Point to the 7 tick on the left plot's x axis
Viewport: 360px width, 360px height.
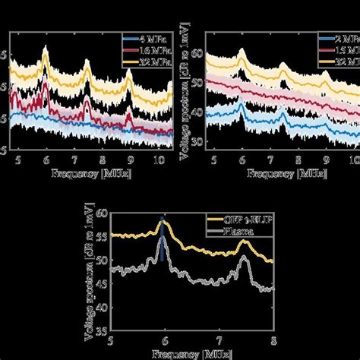pyautogui.click(x=74, y=162)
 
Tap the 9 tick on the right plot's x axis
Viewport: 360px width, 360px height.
pyautogui.click(x=326, y=162)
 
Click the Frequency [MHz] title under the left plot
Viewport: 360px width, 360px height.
pyautogui.click(x=87, y=174)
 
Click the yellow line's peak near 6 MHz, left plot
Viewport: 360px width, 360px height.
pyautogui.click(x=46, y=50)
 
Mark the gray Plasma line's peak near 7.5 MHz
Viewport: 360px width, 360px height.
pyautogui.click(x=243, y=257)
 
